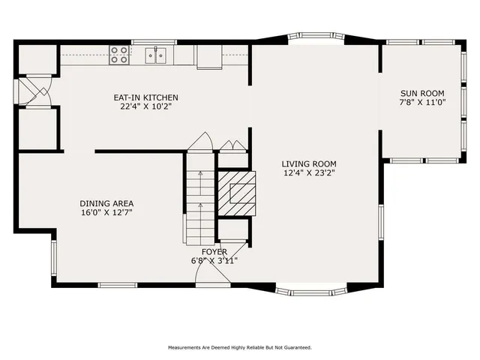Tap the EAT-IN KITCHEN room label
pyautogui.click(x=145, y=97)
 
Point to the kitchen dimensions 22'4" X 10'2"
pyautogui.click(x=145, y=106)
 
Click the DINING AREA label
pyautogui.click(x=106, y=202)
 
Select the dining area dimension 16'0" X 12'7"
pyautogui.click(x=106, y=212)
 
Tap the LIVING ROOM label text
pyautogui.click(x=308, y=163)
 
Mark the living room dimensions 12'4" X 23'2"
pyautogui.click(x=308, y=173)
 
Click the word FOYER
pyautogui.click(x=215, y=251)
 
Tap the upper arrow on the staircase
pyautogui.click(x=201, y=175)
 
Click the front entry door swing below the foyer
pyautogui.click(x=212, y=277)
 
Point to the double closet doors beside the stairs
pyautogui.click(x=233, y=144)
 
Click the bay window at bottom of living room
pyautogui.click(x=308, y=289)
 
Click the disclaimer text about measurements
pyautogui.click(x=239, y=347)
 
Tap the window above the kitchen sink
pyautogui.click(x=154, y=42)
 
